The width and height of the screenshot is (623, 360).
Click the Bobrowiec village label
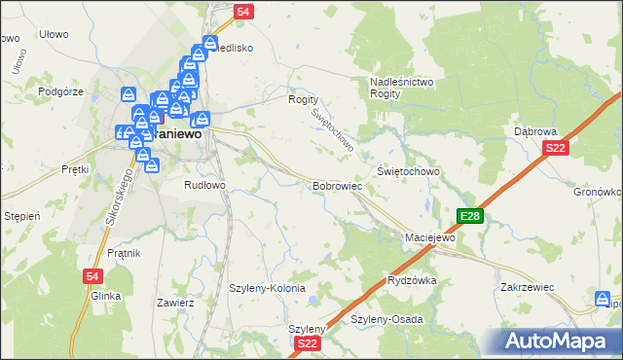pyautogui.click(x=337, y=185)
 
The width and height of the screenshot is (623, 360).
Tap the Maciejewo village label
pyautogui.click(x=430, y=237)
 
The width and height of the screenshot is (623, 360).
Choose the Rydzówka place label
pyautogui.click(x=412, y=280)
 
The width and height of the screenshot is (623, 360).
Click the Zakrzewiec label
pyautogui.click(x=527, y=288)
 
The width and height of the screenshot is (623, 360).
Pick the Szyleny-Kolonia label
pyautogui.click(x=267, y=289)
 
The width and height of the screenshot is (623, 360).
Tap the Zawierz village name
pyautogui.click(x=176, y=303)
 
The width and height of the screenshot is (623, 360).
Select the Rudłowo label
pyautogui.click(x=205, y=184)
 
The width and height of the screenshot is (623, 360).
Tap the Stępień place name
pyautogui.click(x=21, y=215)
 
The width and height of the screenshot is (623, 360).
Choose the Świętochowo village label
pyautogui.click(x=409, y=171)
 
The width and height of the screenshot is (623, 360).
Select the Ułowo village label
pyautogui.click(x=54, y=34)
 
